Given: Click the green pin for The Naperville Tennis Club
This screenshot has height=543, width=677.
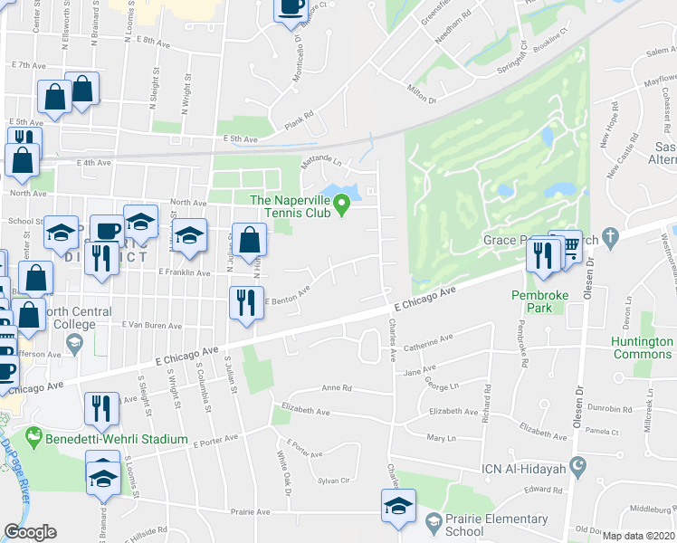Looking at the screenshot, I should click(x=341, y=207).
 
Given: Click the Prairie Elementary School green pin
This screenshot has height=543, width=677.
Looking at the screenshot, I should click(x=434, y=521).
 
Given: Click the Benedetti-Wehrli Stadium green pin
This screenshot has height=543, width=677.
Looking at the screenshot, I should click(x=34, y=436).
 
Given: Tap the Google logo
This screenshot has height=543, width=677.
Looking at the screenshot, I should click(x=30, y=532).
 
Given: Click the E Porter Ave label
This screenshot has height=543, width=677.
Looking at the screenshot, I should click(x=215, y=441).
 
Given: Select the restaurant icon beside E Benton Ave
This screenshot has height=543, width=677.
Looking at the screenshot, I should click(x=244, y=302).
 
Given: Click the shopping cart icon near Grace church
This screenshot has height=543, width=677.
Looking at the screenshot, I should click(x=568, y=244).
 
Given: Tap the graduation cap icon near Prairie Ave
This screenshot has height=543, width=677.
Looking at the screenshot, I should click(x=396, y=507).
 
